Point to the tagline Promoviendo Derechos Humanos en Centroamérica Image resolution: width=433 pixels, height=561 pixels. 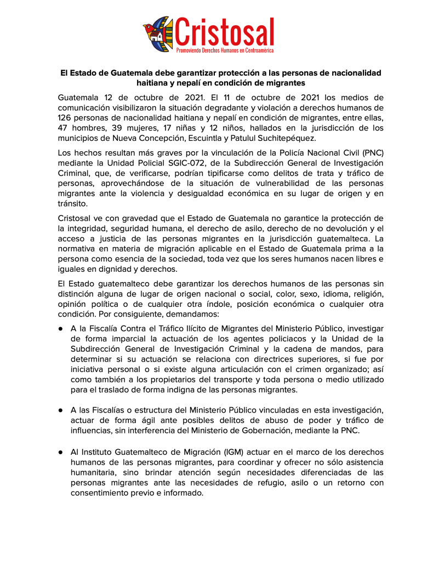pyautogui.click(x=225, y=50)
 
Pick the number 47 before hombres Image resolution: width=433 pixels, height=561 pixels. pyautogui.click(x=64, y=128)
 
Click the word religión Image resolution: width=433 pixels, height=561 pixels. pyautogui.click(x=367, y=294)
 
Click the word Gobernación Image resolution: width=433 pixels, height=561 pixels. pyautogui.click(x=273, y=431)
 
